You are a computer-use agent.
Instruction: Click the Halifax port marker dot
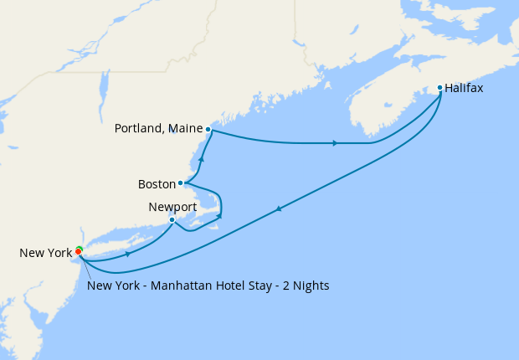[x=440, y=87]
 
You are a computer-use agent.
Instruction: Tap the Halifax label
[x=465, y=87]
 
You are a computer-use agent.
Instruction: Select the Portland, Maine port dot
[x=208, y=129]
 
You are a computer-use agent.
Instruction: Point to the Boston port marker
[x=181, y=183]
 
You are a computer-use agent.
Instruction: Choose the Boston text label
[x=157, y=183]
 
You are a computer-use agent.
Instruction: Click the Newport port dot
[x=172, y=220]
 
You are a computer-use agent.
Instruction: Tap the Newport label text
[x=172, y=206]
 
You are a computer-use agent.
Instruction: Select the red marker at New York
[x=78, y=251]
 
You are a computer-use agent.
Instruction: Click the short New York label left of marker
[x=47, y=253]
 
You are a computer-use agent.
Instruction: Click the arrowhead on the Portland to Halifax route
[x=335, y=143]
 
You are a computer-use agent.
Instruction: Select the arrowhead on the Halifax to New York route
[x=278, y=209]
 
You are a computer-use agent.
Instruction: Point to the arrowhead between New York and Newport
[x=127, y=253]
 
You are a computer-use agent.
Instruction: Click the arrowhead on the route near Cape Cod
[x=219, y=217]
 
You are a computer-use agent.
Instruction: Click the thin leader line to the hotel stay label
[x=83, y=268]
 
